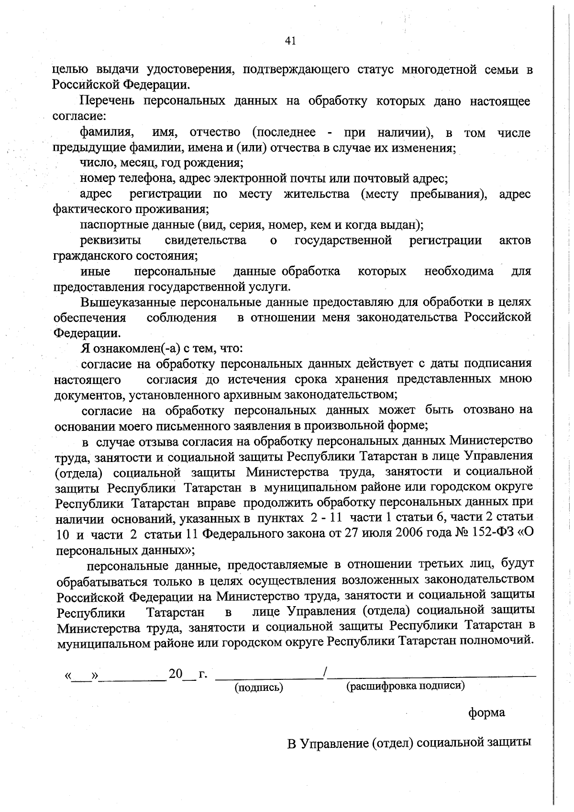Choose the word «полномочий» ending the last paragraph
(496, 641)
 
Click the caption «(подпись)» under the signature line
(259, 688)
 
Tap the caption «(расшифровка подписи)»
(406, 686)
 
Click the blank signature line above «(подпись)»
(269, 677)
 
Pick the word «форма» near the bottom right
(486, 712)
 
